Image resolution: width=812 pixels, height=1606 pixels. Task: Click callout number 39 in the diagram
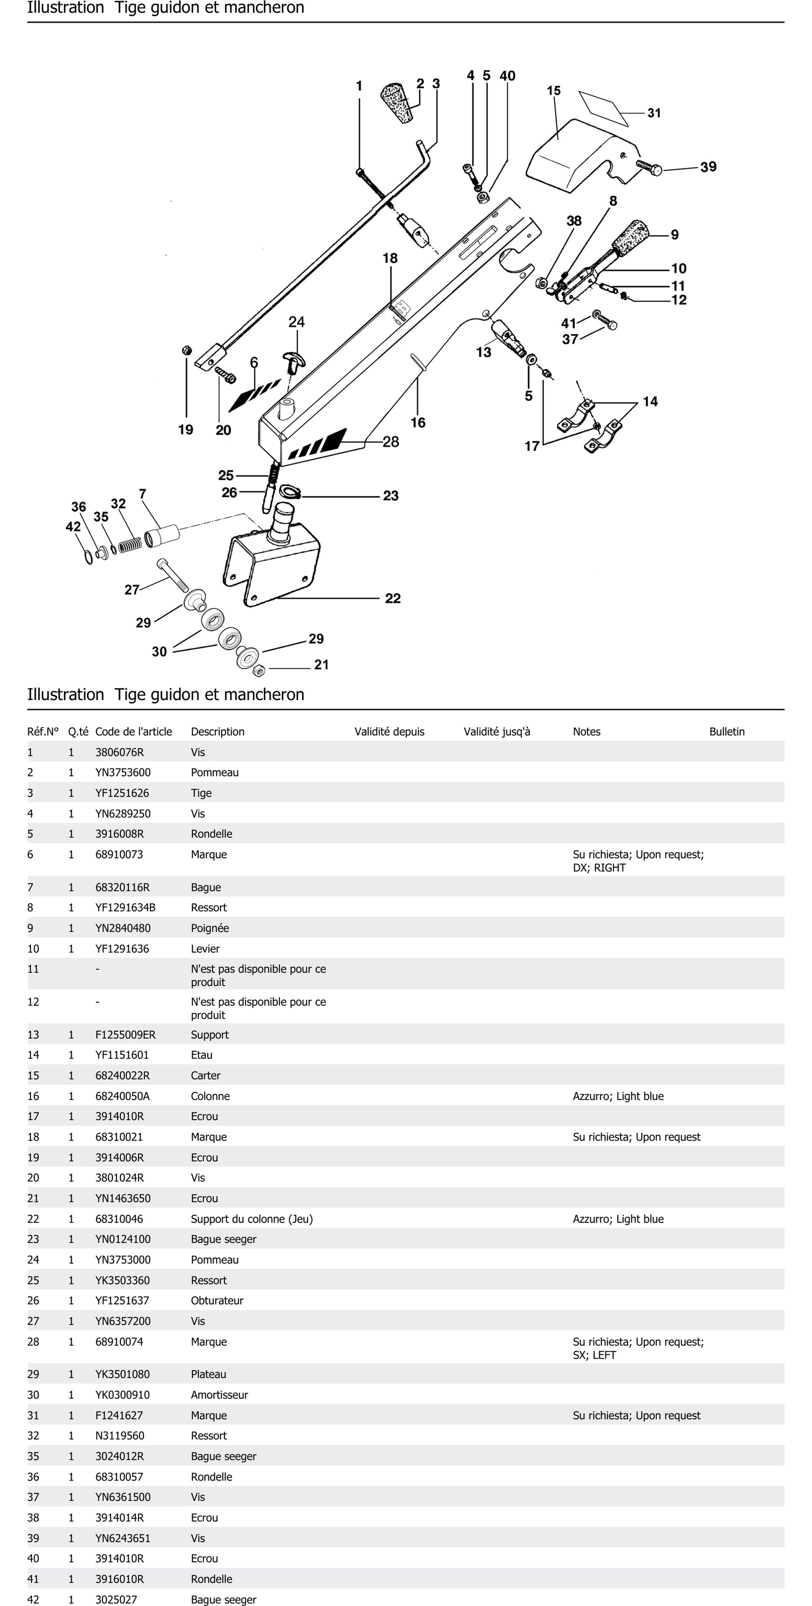pos(708,167)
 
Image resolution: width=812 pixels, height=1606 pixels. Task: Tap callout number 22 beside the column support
pos(392,599)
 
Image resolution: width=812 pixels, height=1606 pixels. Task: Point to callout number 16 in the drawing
pos(418,423)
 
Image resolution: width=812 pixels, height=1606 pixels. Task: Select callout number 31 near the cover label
pos(654,113)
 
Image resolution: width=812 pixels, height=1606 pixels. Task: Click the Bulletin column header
pos(727,731)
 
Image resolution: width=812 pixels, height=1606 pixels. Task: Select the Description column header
pos(217,731)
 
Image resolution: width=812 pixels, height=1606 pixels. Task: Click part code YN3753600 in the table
pos(123,773)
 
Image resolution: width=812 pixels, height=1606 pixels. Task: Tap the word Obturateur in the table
pos(217,1300)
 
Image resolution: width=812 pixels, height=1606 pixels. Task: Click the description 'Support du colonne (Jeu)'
pos(252,1219)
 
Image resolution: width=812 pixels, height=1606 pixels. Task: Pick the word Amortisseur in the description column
pos(219,1395)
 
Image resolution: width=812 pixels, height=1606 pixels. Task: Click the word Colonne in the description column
pos(210,1096)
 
